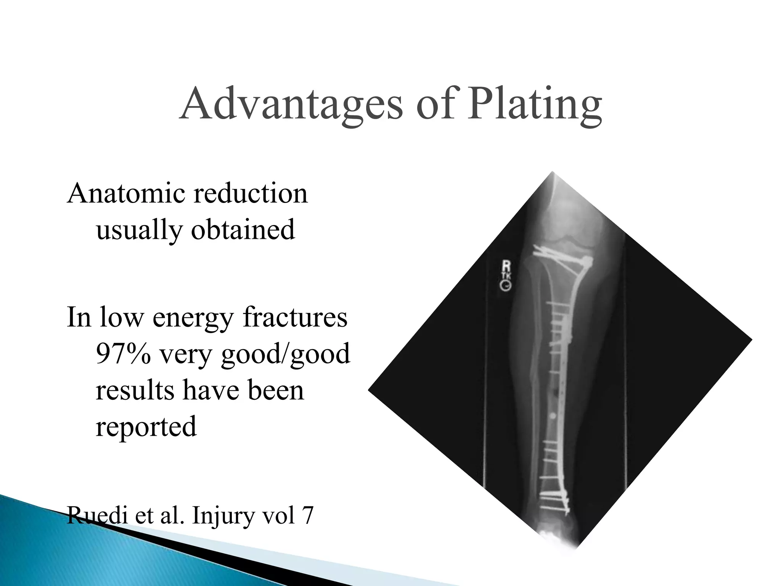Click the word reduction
(x=251, y=193)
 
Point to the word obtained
(x=243, y=230)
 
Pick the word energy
(x=193, y=318)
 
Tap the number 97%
(x=123, y=354)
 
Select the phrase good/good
(x=285, y=354)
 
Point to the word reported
(x=146, y=427)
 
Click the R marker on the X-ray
(x=506, y=266)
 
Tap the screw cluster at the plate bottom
(x=555, y=501)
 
